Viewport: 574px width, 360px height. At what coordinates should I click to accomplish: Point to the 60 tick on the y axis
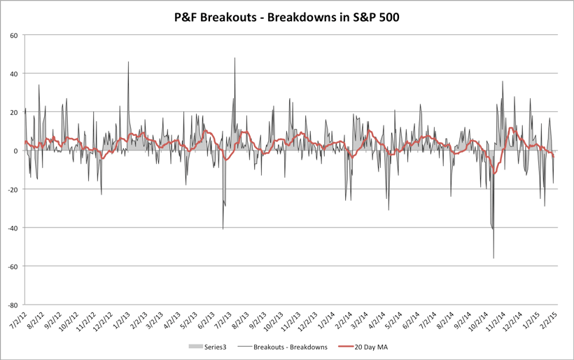(x=13, y=35)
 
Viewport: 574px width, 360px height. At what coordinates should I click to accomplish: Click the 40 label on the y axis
(x=13, y=74)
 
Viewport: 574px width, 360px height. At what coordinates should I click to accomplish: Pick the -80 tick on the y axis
(x=12, y=305)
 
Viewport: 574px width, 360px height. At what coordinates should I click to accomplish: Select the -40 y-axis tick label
(x=12, y=228)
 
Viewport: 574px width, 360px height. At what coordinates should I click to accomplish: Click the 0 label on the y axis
(x=15, y=151)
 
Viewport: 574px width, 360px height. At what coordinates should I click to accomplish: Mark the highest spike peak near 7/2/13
(x=234, y=58)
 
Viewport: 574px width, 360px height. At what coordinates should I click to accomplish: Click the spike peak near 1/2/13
(x=128, y=62)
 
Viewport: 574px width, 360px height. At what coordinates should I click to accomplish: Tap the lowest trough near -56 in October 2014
(x=493, y=258)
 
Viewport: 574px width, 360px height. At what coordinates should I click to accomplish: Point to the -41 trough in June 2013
(x=223, y=229)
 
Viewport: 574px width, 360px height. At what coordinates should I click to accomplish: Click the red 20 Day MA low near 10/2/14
(x=495, y=172)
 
